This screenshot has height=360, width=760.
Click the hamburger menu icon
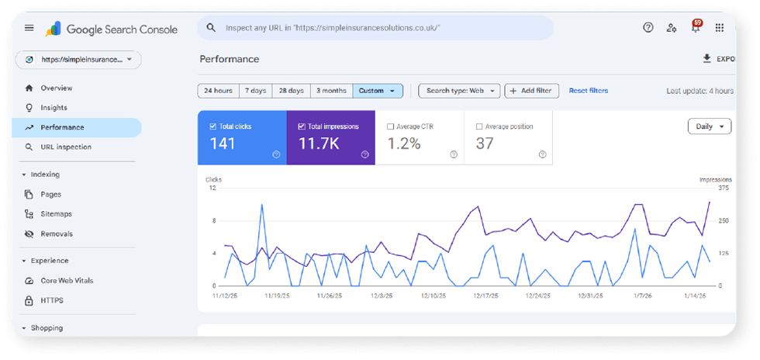point(29,28)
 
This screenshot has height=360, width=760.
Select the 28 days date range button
point(292,91)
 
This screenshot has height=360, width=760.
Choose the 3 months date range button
point(332,91)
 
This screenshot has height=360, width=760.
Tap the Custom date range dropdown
point(378,91)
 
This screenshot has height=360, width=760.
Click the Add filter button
point(531,91)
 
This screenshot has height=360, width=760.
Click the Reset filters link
point(589,91)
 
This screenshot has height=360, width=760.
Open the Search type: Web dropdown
point(459,91)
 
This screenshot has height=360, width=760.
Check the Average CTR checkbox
point(390,126)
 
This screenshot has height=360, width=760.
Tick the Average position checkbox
point(479,126)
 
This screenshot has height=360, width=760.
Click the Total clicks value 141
point(223,144)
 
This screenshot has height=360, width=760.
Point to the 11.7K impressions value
point(319,144)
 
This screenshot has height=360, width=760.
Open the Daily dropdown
point(709,126)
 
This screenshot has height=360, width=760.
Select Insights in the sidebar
point(54,108)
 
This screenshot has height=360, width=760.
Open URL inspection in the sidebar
point(66,147)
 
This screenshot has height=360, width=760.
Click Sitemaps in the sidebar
point(56,214)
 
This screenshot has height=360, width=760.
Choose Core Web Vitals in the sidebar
point(67,280)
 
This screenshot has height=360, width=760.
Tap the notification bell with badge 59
point(696,27)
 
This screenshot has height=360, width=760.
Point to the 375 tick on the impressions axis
point(724,188)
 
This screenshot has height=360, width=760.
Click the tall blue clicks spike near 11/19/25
point(262,205)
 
